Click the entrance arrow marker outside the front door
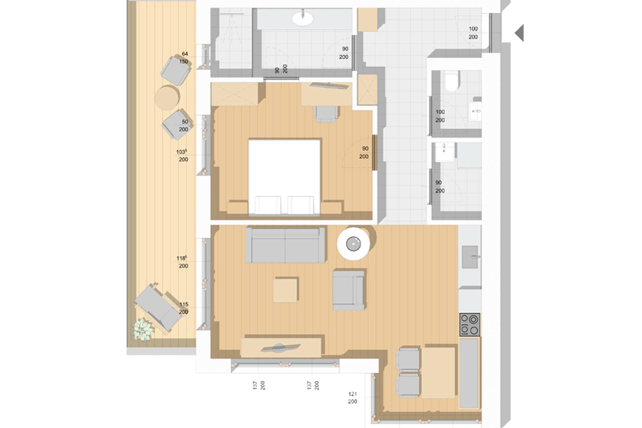520,33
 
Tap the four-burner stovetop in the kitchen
470,325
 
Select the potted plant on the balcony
142,329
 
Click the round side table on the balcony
167,98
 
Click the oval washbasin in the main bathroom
302,19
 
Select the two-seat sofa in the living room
285,245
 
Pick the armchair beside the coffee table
349,290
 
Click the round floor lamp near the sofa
353,244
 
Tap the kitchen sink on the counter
470,257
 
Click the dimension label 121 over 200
352,397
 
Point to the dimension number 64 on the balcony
185,54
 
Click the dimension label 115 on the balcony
184,304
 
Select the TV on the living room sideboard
281,348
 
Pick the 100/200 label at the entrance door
473,33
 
